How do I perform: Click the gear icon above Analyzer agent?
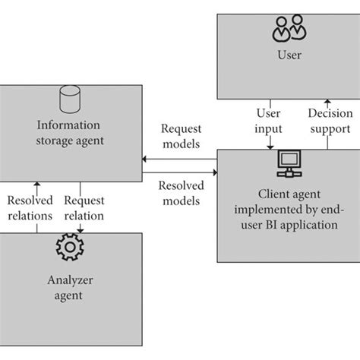(x=70, y=248)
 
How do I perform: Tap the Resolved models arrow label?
(x=182, y=193)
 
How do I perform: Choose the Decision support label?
(x=330, y=121)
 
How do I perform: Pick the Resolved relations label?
(x=30, y=208)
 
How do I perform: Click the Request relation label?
(x=84, y=208)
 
